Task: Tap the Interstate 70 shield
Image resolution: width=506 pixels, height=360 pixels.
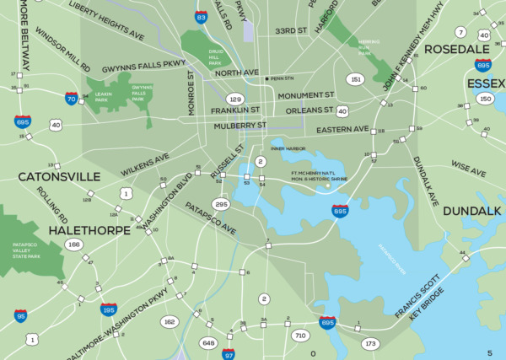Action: pos(70,99)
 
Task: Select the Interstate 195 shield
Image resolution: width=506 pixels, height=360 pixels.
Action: pos(108,310)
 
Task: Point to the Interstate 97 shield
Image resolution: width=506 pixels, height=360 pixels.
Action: pos(229,354)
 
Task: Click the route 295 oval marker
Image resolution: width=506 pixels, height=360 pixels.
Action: pos(222,204)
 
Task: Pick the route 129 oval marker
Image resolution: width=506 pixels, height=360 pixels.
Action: pos(235,99)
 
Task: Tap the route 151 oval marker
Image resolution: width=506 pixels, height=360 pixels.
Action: pos(356,79)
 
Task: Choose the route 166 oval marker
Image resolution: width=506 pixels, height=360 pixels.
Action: pos(74,244)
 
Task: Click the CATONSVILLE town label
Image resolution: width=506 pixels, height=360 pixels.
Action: pos(59,177)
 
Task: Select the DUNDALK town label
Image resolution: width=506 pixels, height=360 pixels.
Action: pos(471,210)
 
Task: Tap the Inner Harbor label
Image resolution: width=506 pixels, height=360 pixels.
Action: pos(288,148)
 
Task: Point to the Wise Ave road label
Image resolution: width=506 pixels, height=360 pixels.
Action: pos(468,168)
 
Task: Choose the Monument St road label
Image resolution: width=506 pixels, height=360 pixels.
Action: pos(306,95)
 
